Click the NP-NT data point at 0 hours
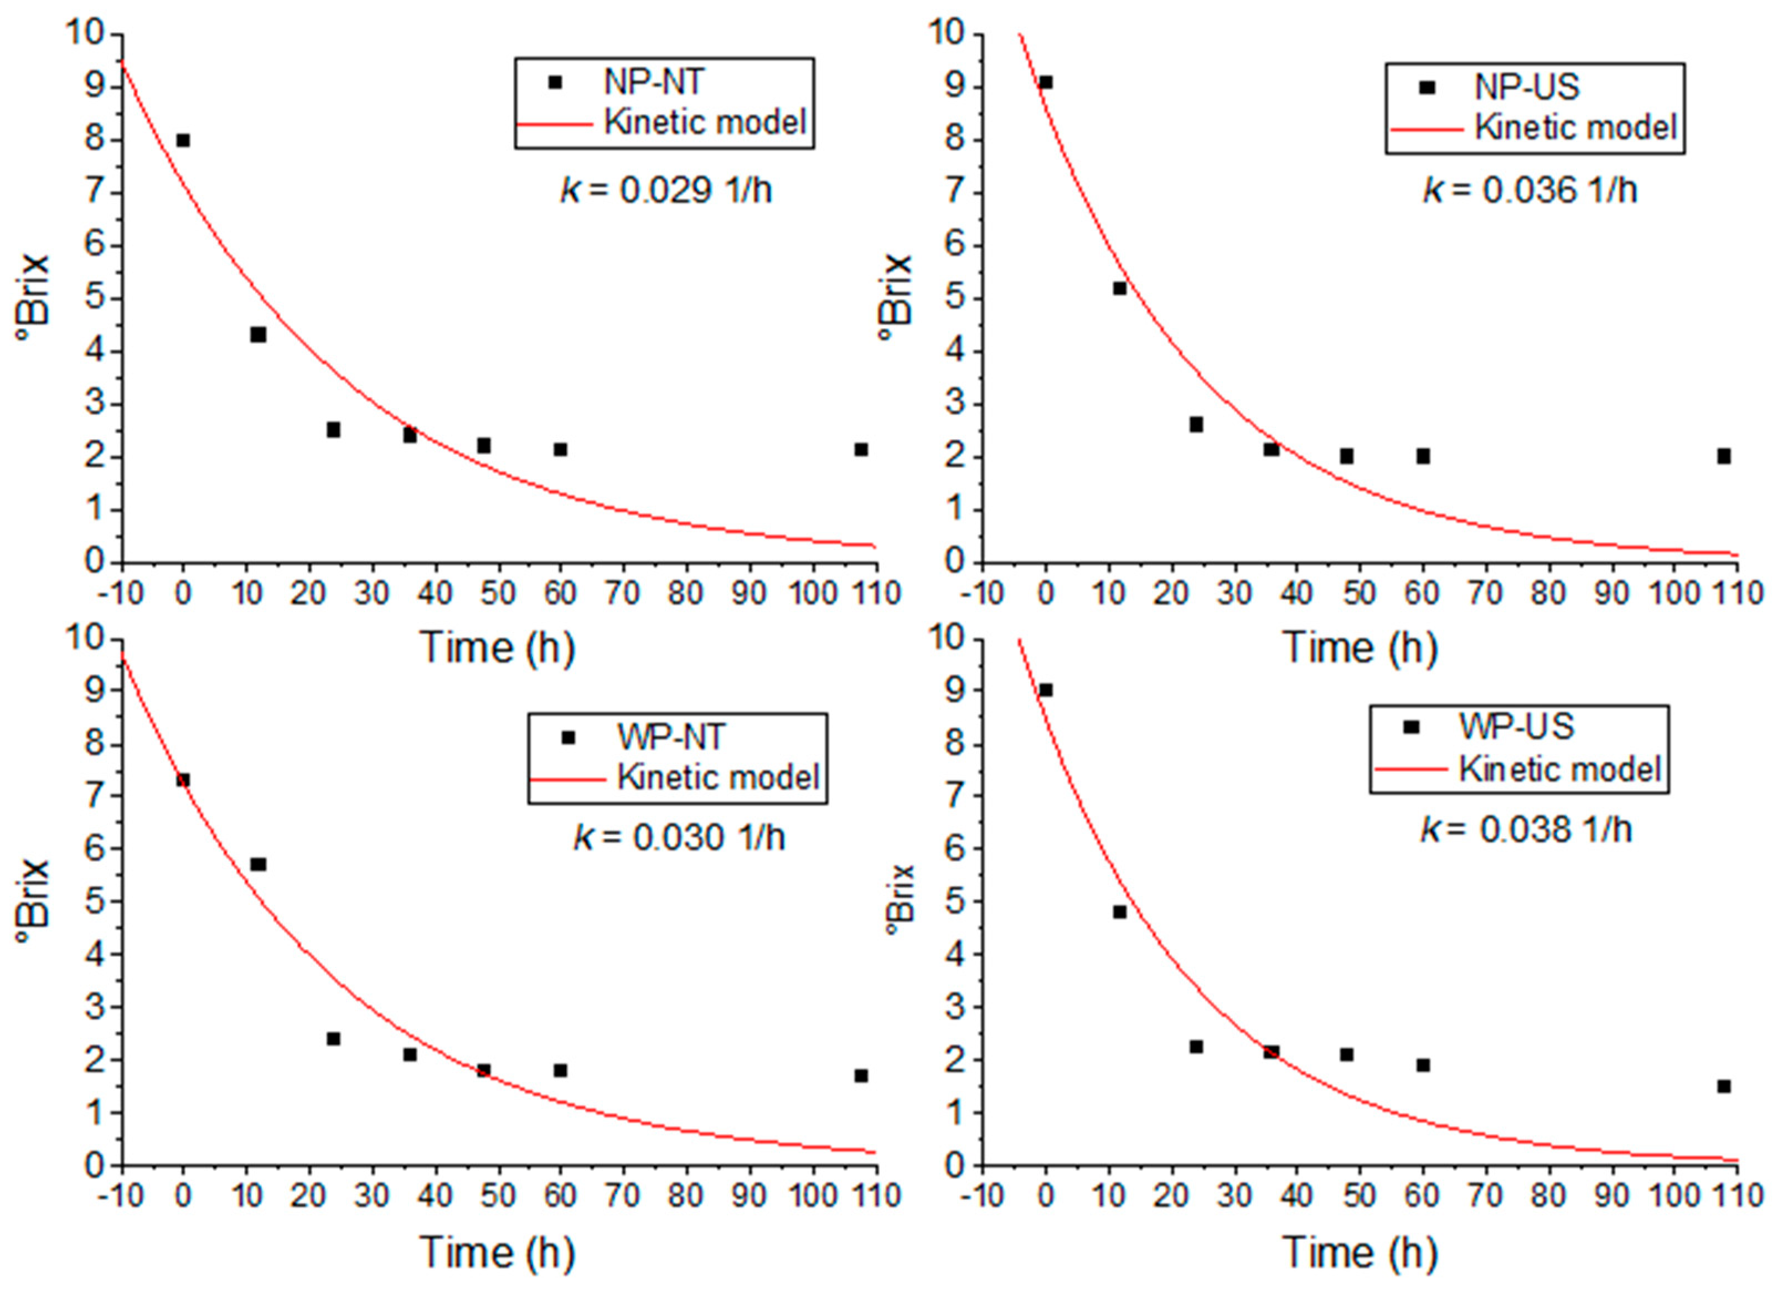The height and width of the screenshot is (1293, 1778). point(183,140)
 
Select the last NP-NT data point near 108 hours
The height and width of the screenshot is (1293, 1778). point(861,449)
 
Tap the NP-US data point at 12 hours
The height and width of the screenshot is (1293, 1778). point(1119,288)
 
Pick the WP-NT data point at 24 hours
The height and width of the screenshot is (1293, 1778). point(333,1039)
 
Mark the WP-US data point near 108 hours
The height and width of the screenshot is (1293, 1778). point(1724,1086)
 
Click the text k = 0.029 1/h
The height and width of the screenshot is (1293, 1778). point(666,190)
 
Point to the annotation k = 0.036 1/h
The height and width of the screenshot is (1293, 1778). point(1530,190)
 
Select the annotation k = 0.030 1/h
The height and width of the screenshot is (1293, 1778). point(679,837)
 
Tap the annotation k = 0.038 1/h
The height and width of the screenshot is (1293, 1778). point(1526,830)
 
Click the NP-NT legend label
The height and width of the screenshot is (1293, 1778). point(655,81)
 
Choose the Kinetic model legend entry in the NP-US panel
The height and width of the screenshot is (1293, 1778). point(1576,127)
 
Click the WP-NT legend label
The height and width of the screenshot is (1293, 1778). point(670,737)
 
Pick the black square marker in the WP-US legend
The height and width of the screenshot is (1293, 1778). point(1411,727)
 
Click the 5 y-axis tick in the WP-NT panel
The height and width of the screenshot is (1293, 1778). point(95,901)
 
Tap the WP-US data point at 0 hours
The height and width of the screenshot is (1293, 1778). point(1045,690)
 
